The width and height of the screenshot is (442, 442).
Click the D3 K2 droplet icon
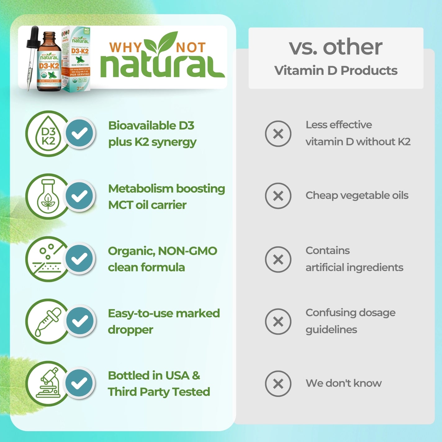tap(48, 134)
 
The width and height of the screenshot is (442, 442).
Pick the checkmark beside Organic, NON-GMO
tap(79, 259)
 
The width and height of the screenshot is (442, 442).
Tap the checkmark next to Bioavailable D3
tap(79, 133)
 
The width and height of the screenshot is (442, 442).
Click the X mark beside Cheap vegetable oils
tap(278, 196)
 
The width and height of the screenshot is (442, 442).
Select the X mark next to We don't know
tap(278, 384)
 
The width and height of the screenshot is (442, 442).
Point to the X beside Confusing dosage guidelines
tap(278, 322)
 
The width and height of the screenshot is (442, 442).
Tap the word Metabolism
tap(141, 189)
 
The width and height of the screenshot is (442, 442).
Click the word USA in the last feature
tap(177, 376)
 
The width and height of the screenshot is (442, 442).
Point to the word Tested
tap(191, 392)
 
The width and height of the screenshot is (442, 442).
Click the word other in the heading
tap(353, 47)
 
